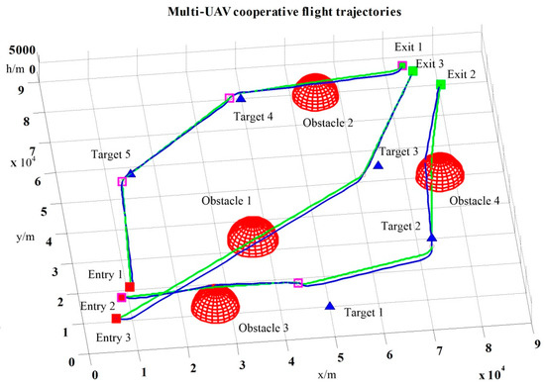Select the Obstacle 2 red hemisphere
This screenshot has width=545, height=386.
point(317,91)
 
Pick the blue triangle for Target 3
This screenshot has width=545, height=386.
point(379,165)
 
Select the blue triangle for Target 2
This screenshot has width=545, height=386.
point(432,238)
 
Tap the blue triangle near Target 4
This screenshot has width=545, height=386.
point(241,97)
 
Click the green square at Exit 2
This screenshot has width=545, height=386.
point(440,85)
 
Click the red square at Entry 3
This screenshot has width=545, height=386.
point(116,319)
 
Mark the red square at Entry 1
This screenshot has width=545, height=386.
point(130,287)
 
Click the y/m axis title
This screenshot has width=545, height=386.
point(22,239)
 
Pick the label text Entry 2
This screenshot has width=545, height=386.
point(98,306)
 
